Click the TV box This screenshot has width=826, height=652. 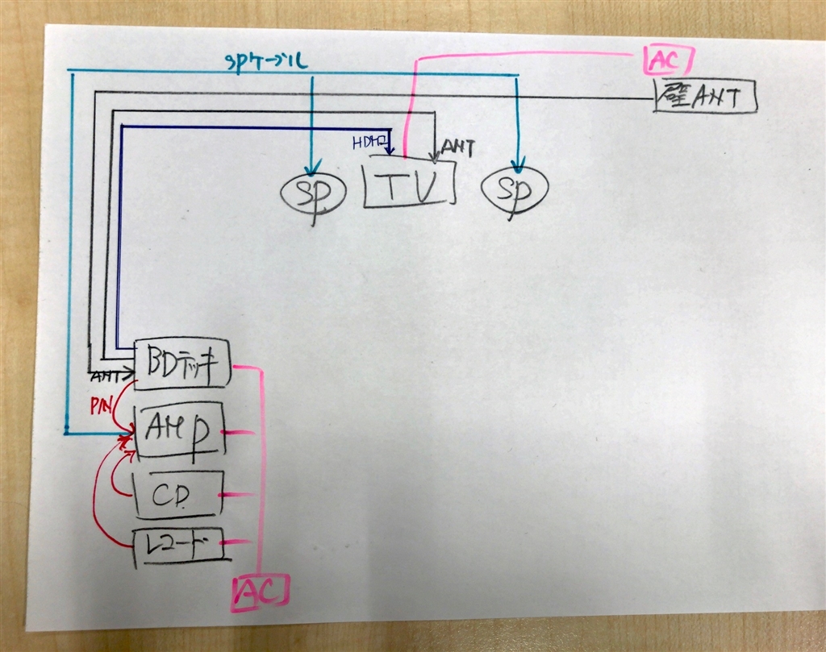410,185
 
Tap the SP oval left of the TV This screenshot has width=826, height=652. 314,193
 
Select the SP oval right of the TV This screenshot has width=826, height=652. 515,189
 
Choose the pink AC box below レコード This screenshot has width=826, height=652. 260,594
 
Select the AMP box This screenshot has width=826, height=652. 178,430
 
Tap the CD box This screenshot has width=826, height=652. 176,493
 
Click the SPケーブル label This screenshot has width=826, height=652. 266,60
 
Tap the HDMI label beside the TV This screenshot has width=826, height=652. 368,143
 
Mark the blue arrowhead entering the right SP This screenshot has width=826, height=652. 517,167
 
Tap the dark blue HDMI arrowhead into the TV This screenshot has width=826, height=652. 390,151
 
